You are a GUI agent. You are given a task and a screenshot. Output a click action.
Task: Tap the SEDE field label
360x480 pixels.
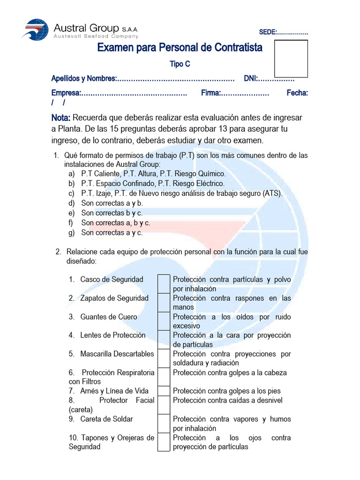pyautogui.click(x=268, y=32)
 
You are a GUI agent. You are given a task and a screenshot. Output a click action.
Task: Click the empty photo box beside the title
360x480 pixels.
pyautogui.click(x=291, y=59)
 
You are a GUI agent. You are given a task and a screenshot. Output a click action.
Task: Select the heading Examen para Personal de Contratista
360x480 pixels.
pyautogui.click(x=180, y=48)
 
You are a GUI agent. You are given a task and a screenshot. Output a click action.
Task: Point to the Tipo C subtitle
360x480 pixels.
pyautogui.click(x=180, y=64)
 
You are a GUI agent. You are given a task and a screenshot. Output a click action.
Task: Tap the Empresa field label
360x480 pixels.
pyautogui.click(x=66, y=93)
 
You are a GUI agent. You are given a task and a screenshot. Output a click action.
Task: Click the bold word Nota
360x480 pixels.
pyautogui.click(x=61, y=118)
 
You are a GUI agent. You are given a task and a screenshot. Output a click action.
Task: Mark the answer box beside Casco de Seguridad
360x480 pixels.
pyautogui.click(x=164, y=284)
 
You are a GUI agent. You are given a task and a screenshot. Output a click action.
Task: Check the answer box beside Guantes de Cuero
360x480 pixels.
pyautogui.click(x=164, y=321)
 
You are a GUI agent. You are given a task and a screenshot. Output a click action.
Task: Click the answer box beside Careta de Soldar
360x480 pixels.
pyautogui.click(x=164, y=423)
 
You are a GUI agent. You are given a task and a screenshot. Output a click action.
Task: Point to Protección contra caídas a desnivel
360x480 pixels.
pyautogui.click(x=228, y=400)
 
